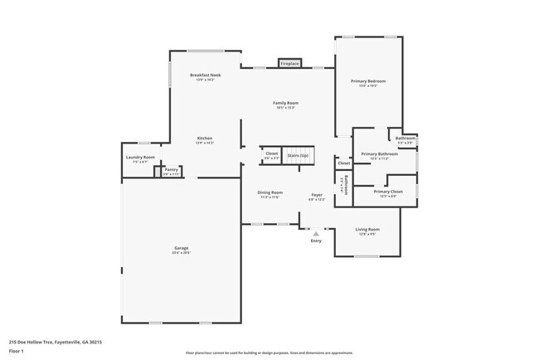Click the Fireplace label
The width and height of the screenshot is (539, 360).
pos(289,63)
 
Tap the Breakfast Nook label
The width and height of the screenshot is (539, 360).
pos(205,75)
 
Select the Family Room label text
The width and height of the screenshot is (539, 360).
pos(285,103)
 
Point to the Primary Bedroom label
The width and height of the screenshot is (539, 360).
pos(368,80)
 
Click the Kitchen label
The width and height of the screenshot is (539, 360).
pos(205,138)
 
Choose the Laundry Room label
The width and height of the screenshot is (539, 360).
pos(140,157)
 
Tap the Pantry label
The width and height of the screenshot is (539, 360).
pos(171,169)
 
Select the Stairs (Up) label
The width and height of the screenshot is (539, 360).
pos(298,154)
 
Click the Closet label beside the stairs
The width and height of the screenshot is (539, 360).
pos(272,153)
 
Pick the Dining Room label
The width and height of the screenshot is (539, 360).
pos(270,192)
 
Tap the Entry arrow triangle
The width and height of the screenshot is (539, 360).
pos(316,234)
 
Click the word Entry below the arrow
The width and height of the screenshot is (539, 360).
pos(316,241)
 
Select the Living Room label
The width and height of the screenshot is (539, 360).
pos(367,229)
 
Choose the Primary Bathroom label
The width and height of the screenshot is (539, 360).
pos(380,153)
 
